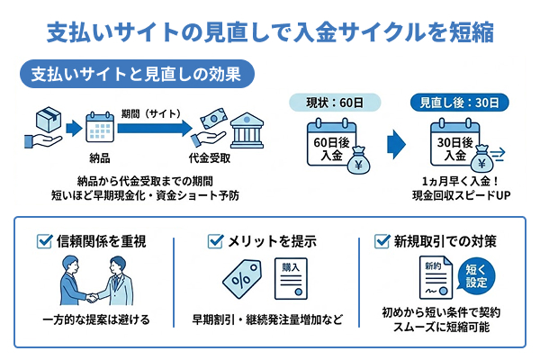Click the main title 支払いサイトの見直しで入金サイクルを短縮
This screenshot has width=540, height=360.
[x=270, y=32]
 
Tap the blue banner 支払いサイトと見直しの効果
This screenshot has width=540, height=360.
[x=136, y=73]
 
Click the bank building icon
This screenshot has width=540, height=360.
[x=247, y=130]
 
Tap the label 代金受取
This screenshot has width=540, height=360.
[x=209, y=159]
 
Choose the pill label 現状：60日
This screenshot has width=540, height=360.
[x=330, y=101]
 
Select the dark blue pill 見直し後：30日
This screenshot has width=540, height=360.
[x=458, y=101]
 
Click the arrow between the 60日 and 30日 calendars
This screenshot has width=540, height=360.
[x=394, y=144]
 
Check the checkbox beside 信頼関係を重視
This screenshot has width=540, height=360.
[x=45, y=240]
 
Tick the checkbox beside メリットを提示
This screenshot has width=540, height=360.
[x=215, y=240]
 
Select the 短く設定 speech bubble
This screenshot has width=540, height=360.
[x=480, y=276]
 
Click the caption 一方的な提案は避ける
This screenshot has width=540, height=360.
[x=96, y=319]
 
